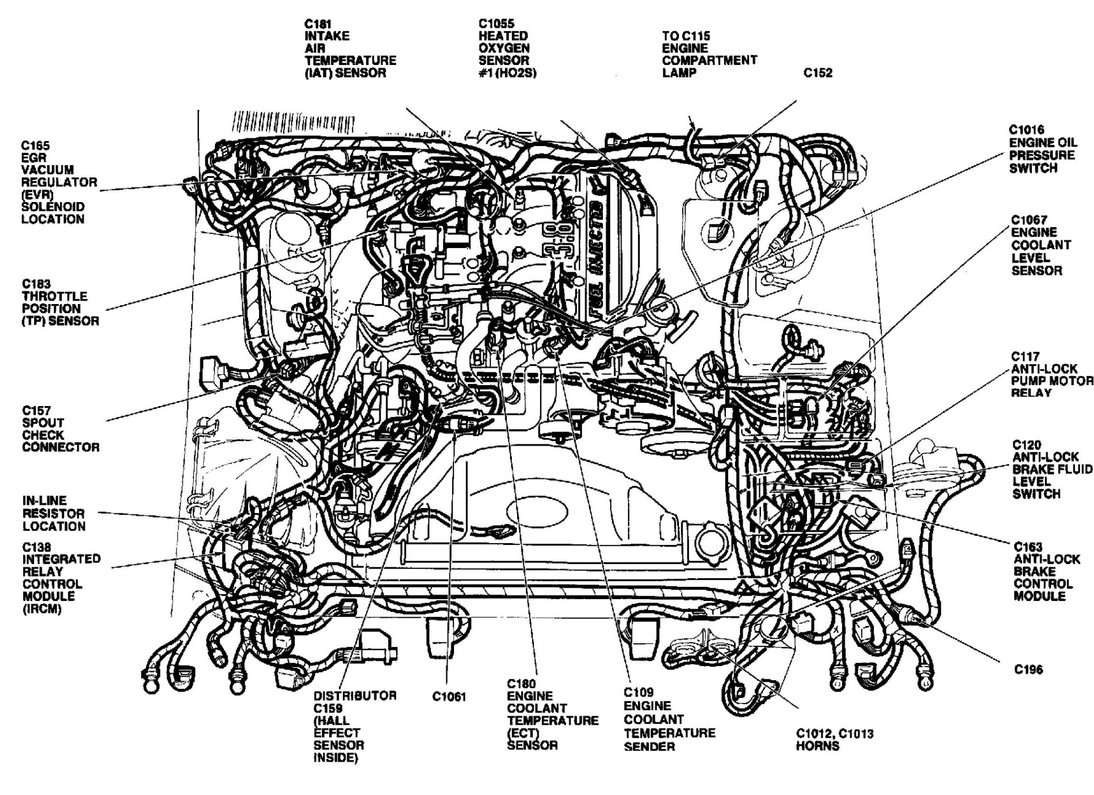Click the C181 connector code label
click(318, 24)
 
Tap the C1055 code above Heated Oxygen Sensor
click(496, 24)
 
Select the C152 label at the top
click(818, 73)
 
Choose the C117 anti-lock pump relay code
click(1026, 357)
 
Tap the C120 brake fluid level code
click(1027, 444)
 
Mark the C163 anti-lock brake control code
click(1028, 547)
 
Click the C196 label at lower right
click(1029, 670)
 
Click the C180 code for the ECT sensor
click(521, 684)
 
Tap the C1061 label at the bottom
click(449, 697)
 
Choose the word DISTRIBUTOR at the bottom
click(355, 695)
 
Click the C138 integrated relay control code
click(37, 547)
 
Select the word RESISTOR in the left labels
click(54, 513)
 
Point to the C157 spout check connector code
click(36, 410)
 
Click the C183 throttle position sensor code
click(36, 284)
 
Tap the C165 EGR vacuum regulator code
click(35, 145)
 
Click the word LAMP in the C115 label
click(679, 73)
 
